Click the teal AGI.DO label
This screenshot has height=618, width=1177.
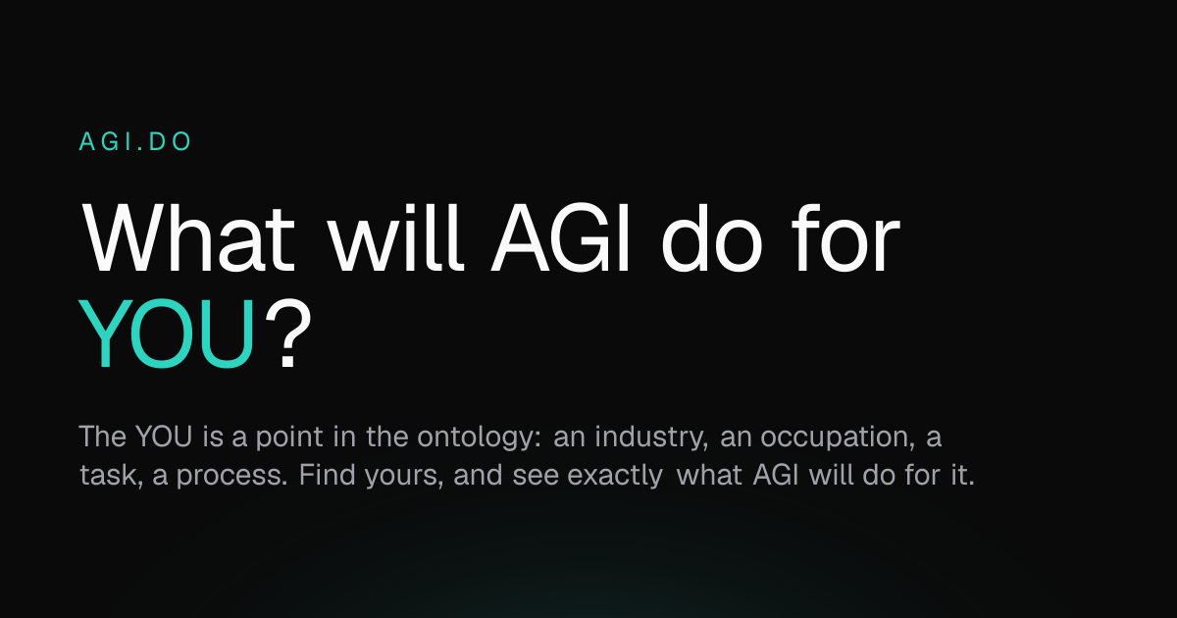tap(135, 141)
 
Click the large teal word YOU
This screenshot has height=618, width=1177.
tap(167, 334)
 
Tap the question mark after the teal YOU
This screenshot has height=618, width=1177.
tap(288, 334)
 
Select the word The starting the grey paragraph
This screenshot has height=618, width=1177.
tap(102, 437)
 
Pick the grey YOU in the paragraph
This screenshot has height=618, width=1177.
tap(164, 437)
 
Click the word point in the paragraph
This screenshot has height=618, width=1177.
tap(289, 438)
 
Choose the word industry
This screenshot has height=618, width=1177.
tap(651, 438)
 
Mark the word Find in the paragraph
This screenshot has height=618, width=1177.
tap(327, 474)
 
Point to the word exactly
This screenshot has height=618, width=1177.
tap(615, 476)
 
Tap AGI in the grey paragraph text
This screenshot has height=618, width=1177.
tap(776, 474)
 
